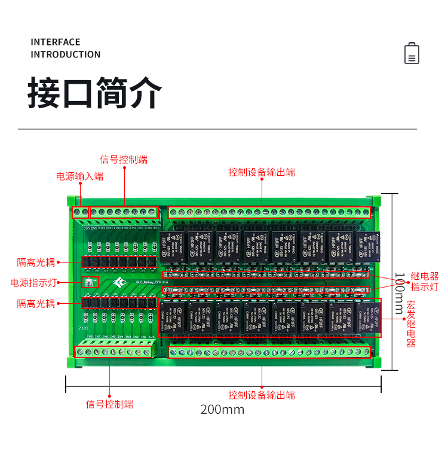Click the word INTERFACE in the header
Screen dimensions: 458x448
(x=56, y=42)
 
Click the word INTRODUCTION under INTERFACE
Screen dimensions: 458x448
(x=66, y=54)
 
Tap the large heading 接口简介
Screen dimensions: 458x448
(x=95, y=93)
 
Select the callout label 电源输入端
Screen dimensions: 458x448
(x=79, y=176)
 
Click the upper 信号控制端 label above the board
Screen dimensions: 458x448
(x=124, y=160)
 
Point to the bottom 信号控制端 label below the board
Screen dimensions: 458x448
(x=109, y=404)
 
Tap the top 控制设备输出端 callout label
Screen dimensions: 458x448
(x=262, y=172)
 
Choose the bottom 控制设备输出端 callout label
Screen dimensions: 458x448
(x=262, y=395)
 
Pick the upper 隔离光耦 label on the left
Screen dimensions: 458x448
(x=36, y=262)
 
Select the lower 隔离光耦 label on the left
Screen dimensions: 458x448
(x=36, y=304)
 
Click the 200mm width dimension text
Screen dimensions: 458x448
(x=222, y=410)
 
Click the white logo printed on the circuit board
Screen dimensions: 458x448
(x=121, y=282)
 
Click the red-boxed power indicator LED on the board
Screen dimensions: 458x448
(x=89, y=282)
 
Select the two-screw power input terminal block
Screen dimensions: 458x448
(x=81, y=212)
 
